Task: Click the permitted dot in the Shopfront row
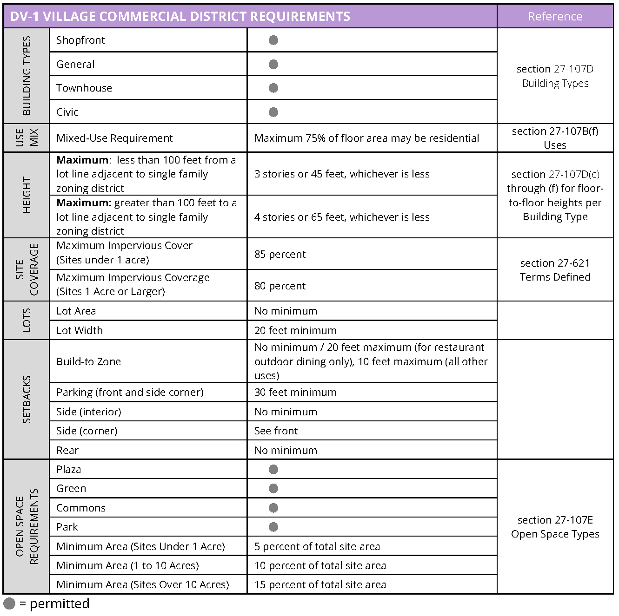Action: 273,40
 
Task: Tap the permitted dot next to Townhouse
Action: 273,88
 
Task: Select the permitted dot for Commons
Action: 273,508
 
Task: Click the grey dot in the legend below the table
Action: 9,603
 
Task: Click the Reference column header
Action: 555,17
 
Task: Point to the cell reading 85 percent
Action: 280,255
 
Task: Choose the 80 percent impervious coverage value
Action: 280,286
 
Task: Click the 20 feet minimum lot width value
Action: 295,330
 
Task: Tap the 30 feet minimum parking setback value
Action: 295,393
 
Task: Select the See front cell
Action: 276,431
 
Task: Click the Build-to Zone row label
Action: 88,362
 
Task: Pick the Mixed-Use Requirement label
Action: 114,138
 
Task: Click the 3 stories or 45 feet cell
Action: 342,174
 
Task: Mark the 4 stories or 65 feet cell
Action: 342,217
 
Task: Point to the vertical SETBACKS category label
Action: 27,400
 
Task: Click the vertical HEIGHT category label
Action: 27,195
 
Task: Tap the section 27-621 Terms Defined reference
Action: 555,270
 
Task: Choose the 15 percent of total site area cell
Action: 320,585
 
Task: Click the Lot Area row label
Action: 76,311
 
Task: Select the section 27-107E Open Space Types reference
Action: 555,527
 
